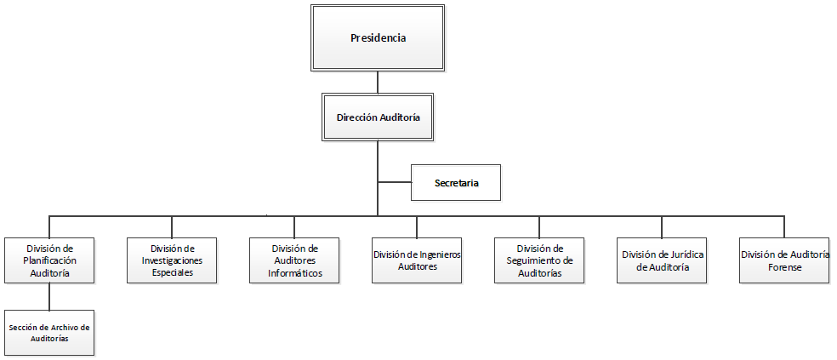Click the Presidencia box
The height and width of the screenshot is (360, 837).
[378, 38]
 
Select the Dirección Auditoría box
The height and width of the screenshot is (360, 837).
[378, 117]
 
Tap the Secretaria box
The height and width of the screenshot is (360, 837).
[456, 183]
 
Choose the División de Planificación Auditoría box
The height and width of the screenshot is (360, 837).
[49, 260]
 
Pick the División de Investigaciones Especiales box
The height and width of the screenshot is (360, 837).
[172, 260]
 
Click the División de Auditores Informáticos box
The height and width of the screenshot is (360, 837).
[294, 260]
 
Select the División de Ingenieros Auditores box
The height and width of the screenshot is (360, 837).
[417, 260]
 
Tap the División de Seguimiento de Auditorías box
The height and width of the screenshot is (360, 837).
[539, 260]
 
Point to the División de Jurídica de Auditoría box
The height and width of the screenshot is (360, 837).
[662, 260]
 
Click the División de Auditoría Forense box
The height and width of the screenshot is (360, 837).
[784, 260]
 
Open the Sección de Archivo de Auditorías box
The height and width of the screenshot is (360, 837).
[49, 332]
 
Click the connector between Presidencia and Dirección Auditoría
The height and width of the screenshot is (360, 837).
[378, 83]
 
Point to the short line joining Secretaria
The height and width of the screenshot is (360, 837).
[394, 182]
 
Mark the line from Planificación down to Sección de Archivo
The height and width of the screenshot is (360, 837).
[49, 295]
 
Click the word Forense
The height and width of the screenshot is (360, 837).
[784, 266]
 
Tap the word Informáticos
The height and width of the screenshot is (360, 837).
[295, 273]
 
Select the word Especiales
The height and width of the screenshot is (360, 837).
[172, 273]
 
